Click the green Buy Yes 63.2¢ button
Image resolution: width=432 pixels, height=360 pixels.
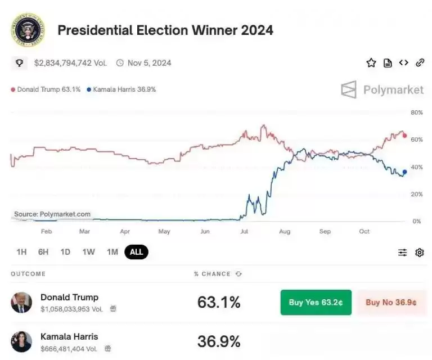click(x=316, y=302)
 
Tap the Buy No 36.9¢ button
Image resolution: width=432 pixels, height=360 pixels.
click(x=391, y=302)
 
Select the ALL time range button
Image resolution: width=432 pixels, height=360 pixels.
click(x=136, y=252)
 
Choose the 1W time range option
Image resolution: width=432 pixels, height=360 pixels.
click(x=88, y=252)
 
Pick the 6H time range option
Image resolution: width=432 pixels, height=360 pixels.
click(x=43, y=252)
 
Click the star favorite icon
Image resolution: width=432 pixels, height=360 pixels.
click(x=371, y=63)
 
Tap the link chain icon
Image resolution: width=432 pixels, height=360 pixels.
click(x=420, y=63)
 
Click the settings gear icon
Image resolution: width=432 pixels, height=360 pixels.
click(x=419, y=253)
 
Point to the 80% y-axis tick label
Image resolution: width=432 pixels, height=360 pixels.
click(x=416, y=112)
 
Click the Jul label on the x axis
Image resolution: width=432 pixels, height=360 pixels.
click(x=244, y=231)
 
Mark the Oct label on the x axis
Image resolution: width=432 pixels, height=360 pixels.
click(x=364, y=231)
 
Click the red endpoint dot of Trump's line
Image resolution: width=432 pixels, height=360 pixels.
click(x=404, y=136)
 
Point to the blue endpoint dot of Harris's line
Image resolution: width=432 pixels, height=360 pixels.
click(x=404, y=172)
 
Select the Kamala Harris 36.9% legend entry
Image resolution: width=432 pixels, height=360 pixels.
click(x=121, y=89)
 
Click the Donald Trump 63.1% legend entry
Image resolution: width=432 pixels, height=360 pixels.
click(x=46, y=89)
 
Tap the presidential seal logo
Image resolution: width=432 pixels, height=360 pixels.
click(x=28, y=30)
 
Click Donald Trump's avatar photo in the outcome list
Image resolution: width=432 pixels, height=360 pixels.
click(x=21, y=302)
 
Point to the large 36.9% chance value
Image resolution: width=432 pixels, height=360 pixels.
click(x=219, y=341)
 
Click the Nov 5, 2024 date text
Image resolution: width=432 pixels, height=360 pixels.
click(x=149, y=63)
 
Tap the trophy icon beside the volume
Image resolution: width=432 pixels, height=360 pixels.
click(x=20, y=63)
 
